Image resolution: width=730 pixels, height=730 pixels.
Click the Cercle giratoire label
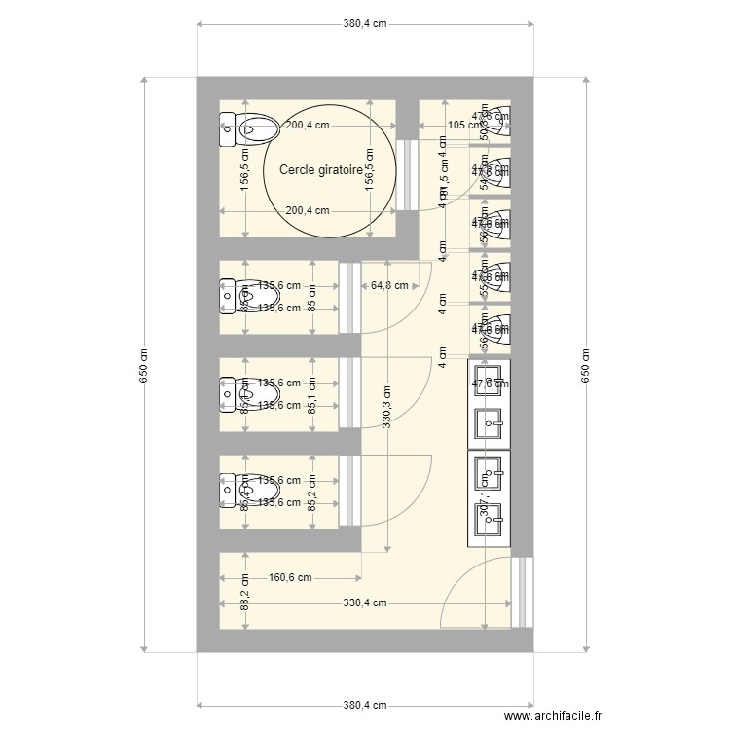pos(320,169)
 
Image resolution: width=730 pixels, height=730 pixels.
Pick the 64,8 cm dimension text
pos(389,286)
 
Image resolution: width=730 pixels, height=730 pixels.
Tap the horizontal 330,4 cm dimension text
pos(365,603)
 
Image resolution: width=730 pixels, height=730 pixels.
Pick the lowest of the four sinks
pos(489,518)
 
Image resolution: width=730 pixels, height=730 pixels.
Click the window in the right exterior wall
pos(524,592)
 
